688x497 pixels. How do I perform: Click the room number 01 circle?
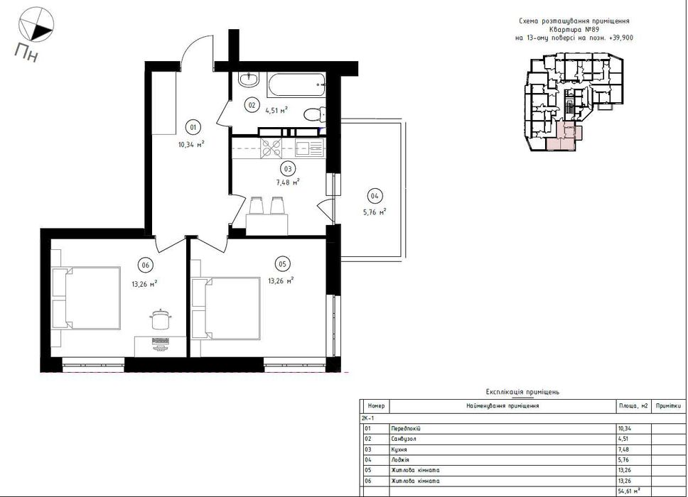pos(193,128)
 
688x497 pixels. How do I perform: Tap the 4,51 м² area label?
pos(276,110)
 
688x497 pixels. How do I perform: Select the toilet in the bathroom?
pos(313,114)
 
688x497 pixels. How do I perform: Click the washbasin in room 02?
pos(249,80)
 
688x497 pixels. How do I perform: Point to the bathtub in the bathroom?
pos(296,84)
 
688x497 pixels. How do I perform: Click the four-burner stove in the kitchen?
pos(271,148)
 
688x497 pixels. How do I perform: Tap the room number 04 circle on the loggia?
pos(375,196)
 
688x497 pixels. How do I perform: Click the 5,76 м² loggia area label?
pos(375,212)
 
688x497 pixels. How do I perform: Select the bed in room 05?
pos(227,308)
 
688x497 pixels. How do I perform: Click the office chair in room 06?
pos(160,319)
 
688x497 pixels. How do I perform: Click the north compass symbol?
pos(36,26)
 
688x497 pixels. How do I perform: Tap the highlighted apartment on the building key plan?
pos(564,136)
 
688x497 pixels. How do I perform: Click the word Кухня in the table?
pos(399,449)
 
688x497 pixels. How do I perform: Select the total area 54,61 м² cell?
pos(629,491)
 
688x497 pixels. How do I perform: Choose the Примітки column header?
pos(668,406)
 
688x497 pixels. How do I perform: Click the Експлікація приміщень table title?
pos(522,392)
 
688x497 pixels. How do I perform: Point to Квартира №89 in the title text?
pos(574,29)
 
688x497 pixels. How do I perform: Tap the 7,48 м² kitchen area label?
pos(288,182)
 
